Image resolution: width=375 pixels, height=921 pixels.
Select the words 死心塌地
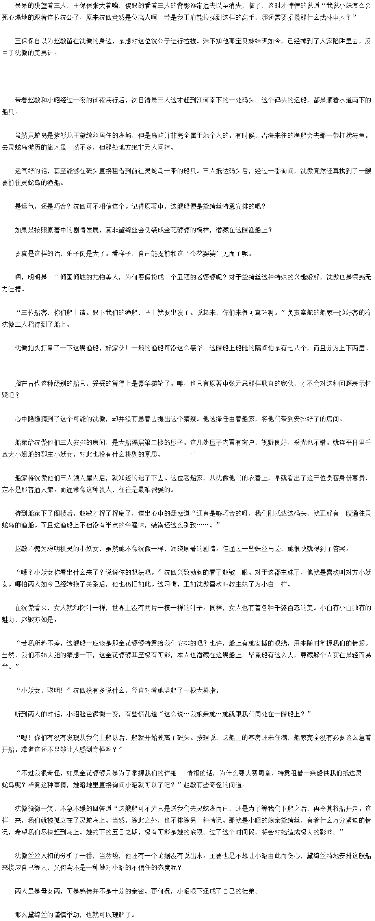pyautogui.click(x=15, y=17)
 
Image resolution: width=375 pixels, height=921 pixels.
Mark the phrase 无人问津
pyautogui.click(x=158, y=147)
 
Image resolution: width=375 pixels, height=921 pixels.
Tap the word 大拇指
pyautogui.click(x=206, y=690)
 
